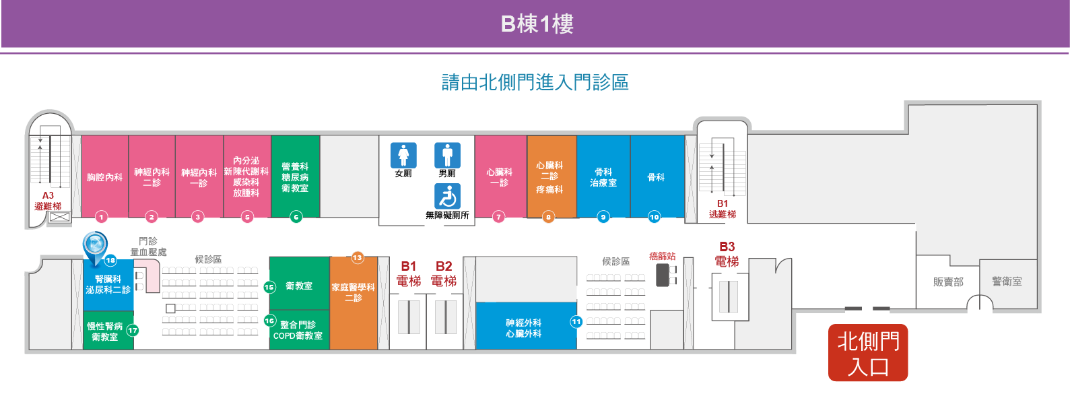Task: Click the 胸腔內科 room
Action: pos(104,176)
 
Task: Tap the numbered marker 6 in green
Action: pos(296,218)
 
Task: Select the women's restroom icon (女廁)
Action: pos(403,155)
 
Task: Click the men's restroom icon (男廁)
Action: pos(447,155)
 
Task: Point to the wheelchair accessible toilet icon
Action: pos(447,196)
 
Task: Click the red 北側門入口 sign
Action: pos(868,353)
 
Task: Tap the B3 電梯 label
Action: pos(727,254)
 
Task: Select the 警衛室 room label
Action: pos(1007,282)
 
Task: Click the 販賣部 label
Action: pos(948,282)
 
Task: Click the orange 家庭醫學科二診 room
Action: pos(354,303)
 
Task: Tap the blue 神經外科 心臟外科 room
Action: pos(526,326)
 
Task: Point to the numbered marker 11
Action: pos(576,322)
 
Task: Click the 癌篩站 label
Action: pos(662,257)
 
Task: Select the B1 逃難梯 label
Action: pos(723,209)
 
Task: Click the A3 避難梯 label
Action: pos(48,201)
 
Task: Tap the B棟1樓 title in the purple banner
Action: pos(537,24)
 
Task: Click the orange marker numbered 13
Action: pos(358,258)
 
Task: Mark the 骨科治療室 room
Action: pos(603,176)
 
